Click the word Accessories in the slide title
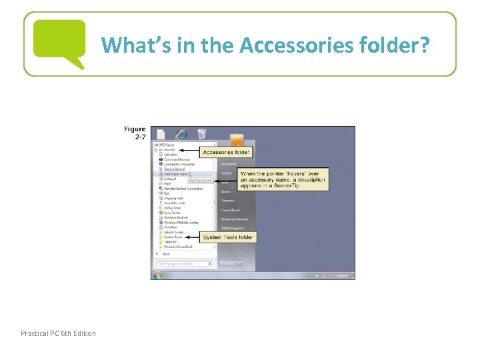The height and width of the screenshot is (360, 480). (x=288, y=45)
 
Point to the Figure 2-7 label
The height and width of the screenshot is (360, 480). (x=135, y=133)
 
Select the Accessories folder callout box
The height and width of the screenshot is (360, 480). (x=227, y=152)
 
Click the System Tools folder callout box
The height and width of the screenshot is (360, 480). (x=228, y=237)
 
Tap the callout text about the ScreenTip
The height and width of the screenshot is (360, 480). (x=283, y=180)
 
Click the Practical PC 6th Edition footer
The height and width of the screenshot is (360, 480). (x=58, y=333)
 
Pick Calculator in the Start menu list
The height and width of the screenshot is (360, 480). (x=171, y=155)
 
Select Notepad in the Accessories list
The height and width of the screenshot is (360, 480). (x=170, y=179)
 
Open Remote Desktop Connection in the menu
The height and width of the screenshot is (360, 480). (x=183, y=189)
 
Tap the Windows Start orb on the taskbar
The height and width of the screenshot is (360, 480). (x=158, y=275)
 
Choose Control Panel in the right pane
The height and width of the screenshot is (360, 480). (x=230, y=210)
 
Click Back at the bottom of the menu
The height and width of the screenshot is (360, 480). (x=166, y=253)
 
